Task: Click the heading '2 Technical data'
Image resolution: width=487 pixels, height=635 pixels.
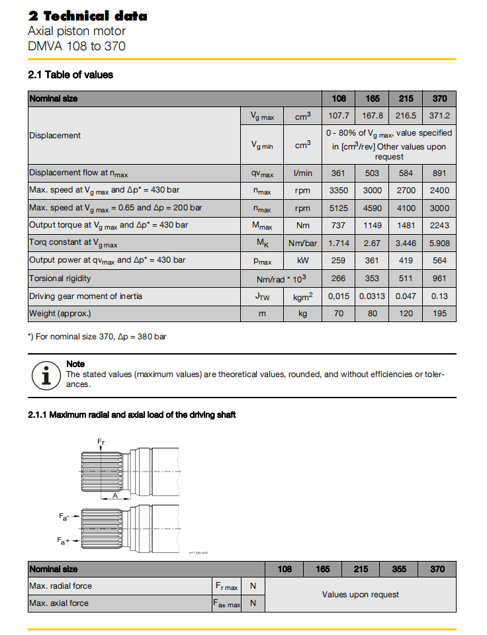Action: [87, 16]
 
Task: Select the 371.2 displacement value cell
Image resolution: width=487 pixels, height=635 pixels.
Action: [439, 115]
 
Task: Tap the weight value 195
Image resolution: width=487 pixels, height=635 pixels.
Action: [439, 313]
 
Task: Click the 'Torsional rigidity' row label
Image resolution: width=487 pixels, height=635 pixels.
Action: [60, 278]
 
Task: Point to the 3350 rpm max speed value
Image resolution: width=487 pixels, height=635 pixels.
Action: [339, 190]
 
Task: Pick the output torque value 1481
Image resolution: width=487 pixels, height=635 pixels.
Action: [406, 226]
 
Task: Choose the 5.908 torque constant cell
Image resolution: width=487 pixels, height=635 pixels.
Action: [439, 243]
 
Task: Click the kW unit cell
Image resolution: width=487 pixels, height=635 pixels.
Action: [302, 261]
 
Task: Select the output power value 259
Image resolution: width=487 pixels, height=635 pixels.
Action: [339, 261]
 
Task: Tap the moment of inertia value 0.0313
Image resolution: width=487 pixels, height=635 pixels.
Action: [372, 296]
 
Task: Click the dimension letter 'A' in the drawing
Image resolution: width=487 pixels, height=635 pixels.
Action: [116, 495]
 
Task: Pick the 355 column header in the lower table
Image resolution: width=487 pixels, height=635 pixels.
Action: [399, 569]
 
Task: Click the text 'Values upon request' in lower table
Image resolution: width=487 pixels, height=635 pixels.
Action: [361, 595]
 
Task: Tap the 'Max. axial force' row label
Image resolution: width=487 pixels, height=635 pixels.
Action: [59, 603]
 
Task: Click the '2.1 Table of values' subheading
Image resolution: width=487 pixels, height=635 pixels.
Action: [70, 75]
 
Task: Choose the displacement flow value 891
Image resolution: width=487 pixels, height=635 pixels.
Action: [439, 173]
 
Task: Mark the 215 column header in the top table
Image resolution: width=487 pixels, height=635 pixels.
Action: [406, 99]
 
